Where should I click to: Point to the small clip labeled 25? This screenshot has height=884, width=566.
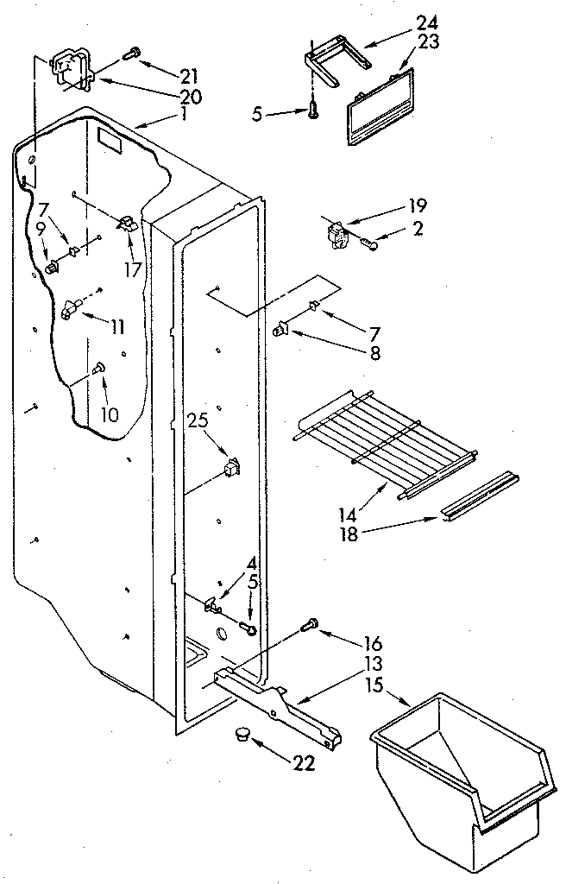[x=230, y=469]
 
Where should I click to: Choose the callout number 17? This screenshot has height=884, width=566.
[x=132, y=268]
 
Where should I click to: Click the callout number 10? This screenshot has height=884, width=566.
[x=108, y=414]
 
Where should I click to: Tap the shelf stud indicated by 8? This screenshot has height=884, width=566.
[x=281, y=329]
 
